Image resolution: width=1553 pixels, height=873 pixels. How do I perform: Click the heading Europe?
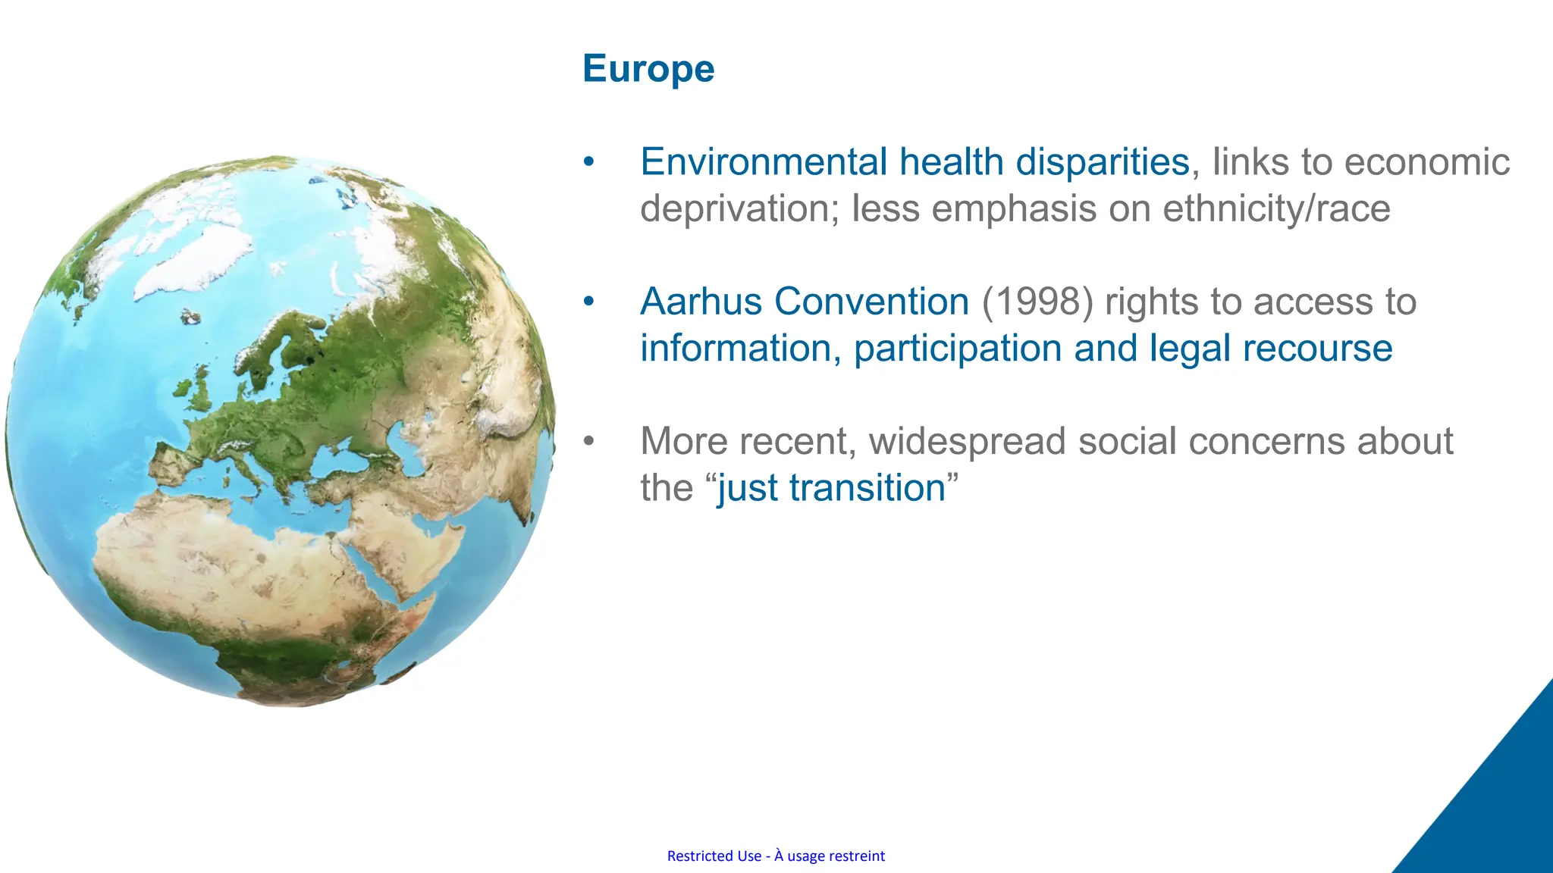coord(648,69)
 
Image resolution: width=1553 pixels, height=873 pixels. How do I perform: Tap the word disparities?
coord(1102,162)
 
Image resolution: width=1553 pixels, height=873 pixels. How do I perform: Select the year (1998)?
coord(1037,302)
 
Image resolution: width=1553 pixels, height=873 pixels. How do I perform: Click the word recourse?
coord(1317,349)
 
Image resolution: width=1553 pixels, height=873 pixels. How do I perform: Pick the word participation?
coord(957,349)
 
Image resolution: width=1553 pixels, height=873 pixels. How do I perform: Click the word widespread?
coord(967,441)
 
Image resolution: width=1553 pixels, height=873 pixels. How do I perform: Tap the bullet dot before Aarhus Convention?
coord(589,302)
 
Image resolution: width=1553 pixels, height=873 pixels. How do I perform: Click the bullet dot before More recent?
coord(589,441)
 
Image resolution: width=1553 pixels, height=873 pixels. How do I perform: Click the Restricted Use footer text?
coord(776,856)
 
